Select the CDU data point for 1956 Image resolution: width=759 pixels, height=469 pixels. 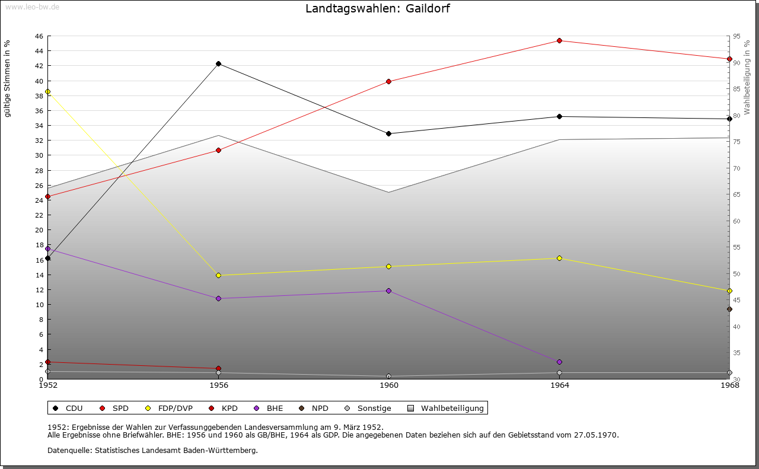click(x=218, y=63)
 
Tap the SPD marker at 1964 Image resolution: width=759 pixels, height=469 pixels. click(x=559, y=40)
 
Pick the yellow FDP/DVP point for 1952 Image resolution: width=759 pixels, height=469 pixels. click(x=47, y=91)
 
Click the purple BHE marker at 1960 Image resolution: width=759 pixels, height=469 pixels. click(x=388, y=291)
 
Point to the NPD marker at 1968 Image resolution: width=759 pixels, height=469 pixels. click(x=729, y=309)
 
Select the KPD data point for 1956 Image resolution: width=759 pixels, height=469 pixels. click(x=218, y=368)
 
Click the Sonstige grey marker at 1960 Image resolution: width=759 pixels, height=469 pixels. click(x=388, y=376)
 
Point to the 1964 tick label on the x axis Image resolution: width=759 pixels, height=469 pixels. click(x=559, y=385)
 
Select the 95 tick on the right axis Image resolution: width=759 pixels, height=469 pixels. click(x=736, y=36)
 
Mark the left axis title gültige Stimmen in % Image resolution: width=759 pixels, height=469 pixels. click(x=7, y=79)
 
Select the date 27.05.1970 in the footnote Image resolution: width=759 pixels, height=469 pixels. click(x=595, y=435)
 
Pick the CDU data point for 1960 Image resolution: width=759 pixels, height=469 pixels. click(x=388, y=133)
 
